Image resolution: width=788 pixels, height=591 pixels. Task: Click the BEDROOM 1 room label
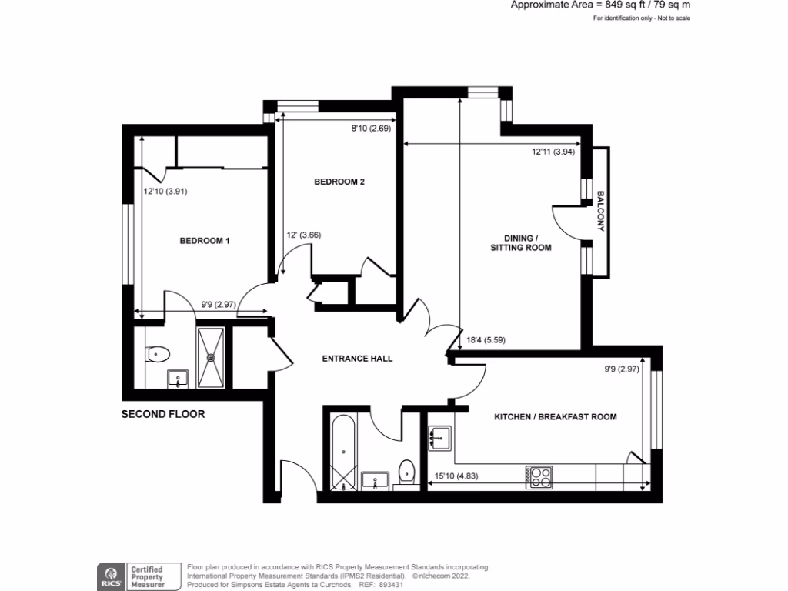coord(205,241)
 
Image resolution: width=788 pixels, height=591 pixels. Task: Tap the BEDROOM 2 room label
coord(339,182)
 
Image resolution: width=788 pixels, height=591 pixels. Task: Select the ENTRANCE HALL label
coord(357,359)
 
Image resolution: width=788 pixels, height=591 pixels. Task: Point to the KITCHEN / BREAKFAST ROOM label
coord(555,417)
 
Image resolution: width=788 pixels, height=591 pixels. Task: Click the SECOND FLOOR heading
coord(163,414)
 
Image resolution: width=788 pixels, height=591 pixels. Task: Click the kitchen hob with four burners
coord(539,477)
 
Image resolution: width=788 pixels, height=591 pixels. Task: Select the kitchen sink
coord(439,437)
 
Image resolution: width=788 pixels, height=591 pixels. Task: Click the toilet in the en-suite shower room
coord(158,355)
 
